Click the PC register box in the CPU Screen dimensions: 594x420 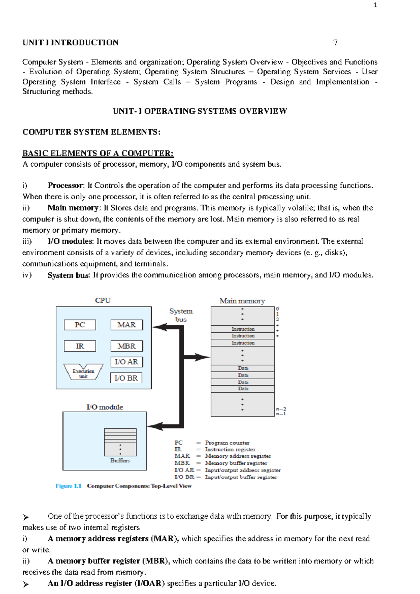pos(80,325)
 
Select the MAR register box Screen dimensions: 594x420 pos(127,325)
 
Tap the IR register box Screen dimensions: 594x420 pos(80,346)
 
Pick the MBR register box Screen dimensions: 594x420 pos(127,346)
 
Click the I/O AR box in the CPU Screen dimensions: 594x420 pos(127,362)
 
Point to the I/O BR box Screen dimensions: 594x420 pos(126,378)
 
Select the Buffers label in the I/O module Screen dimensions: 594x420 pos(120,461)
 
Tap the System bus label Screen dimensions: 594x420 pos(181,315)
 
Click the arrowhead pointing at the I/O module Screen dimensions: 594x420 pos(154,426)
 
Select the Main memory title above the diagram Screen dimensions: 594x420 pos(242,301)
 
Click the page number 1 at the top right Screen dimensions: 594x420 pos(376,5)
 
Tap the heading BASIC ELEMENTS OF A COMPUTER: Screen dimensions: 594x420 pos(98,153)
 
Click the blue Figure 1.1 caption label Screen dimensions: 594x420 pos(68,486)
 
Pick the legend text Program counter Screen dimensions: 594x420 pos(227,443)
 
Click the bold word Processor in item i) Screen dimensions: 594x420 pos(65,185)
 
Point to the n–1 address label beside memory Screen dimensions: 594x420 pos(281,414)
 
